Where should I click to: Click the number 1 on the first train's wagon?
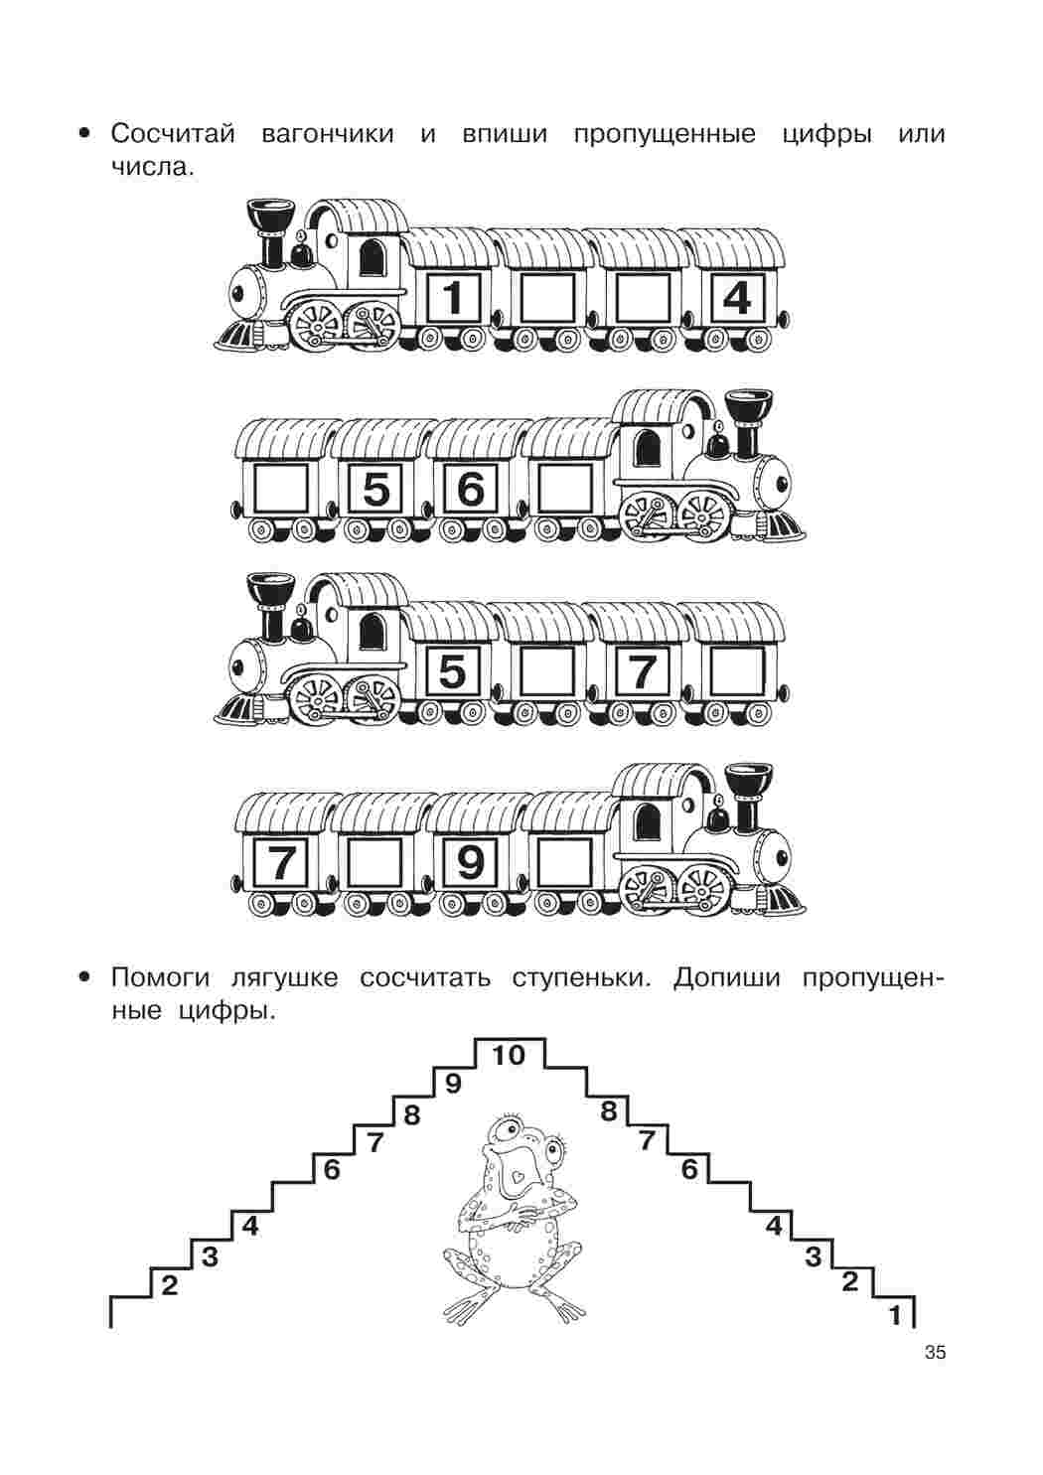[453, 298]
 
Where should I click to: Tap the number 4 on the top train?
[736, 298]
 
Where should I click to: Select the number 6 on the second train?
[470, 489]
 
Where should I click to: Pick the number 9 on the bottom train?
[470, 862]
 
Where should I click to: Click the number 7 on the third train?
[642, 671]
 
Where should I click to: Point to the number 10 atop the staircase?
[509, 1055]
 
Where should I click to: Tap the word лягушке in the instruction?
[284, 977]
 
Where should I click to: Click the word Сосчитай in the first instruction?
[173, 134]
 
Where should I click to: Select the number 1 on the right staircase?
[894, 1317]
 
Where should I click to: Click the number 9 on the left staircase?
[453, 1084]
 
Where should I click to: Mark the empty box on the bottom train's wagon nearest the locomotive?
[565, 862]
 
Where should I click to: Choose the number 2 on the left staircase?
[169, 1285]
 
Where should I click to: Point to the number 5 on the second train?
[376, 489]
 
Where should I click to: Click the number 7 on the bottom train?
[280, 862]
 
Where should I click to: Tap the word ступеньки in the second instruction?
[581, 977]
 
